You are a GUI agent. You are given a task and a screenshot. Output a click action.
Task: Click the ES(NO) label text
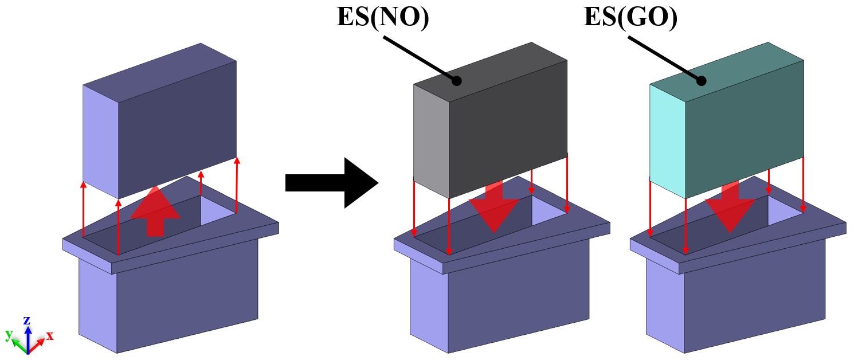click(382, 17)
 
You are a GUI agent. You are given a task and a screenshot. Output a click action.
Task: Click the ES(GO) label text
click(630, 17)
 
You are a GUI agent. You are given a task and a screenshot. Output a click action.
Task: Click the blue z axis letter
click(26, 320)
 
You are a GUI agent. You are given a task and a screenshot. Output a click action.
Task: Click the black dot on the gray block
click(456, 81)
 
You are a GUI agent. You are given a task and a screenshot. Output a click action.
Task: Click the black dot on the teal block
click(701, 81)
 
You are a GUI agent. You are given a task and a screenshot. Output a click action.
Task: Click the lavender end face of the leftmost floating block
click(100, 140)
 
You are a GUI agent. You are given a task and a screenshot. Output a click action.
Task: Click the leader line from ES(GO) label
click(665, 58)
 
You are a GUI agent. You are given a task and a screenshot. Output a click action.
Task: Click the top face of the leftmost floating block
click(158, 72)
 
